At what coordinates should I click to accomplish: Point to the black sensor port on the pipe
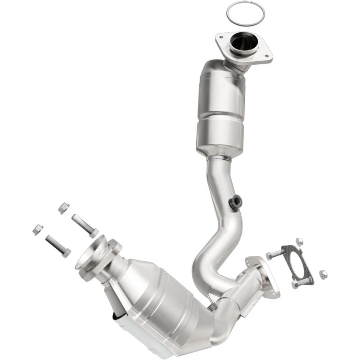[x=234, y=202]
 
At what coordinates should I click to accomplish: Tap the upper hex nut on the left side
[x=63, y=208]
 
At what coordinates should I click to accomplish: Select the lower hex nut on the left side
[x=38, y=229]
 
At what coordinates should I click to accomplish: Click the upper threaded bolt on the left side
[x=84, y=225]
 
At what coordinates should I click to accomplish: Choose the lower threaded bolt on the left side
[x=58, y=246]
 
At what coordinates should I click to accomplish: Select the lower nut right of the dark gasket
[x=323, y=274]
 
